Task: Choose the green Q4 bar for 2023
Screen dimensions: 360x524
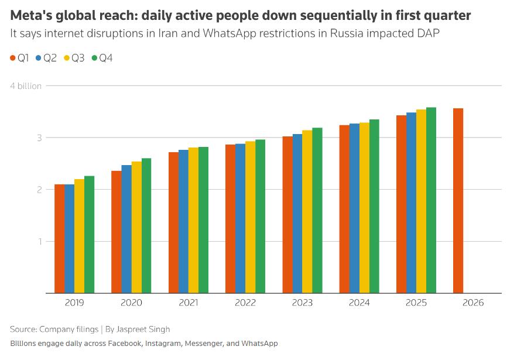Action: (x=317, y=210)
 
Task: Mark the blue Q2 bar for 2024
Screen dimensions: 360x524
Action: (x=354, y=208)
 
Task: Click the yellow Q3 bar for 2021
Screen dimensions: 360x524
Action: (x=193, y=220)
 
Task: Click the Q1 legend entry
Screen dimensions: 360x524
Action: (x=20, y=58)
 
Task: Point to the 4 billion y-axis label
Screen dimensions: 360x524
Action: (x=26, y=86)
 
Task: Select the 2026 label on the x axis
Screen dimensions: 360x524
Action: (x=473, y=303)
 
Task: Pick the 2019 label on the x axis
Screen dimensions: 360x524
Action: (x=74, y=303)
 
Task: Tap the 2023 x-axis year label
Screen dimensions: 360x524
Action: (x=302, y=303)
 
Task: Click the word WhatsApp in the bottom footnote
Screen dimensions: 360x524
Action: (x=259, y=343)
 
